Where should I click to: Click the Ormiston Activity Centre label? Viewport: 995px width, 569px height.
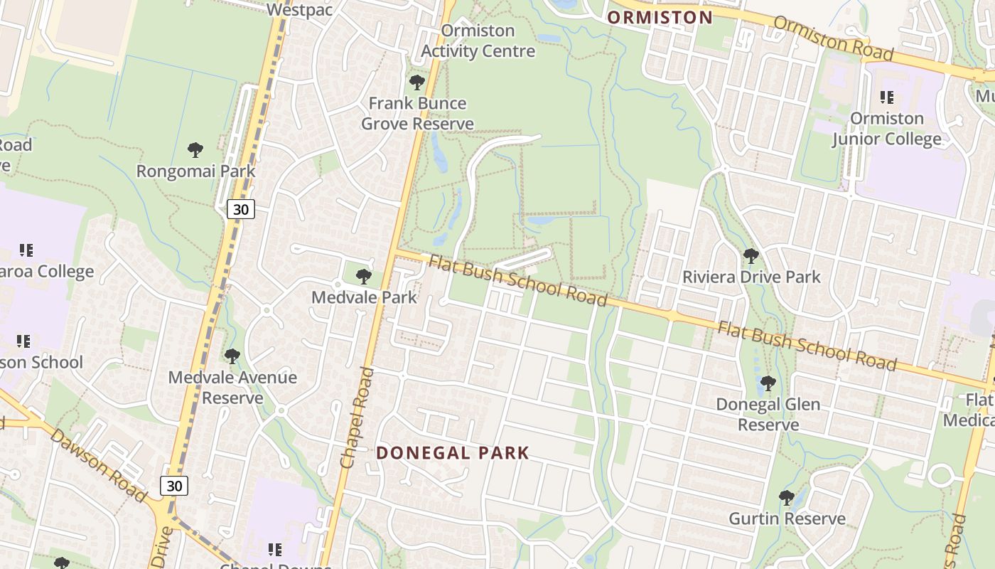(x=478, y=41)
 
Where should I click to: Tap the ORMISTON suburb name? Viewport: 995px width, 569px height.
(x=660, y=18)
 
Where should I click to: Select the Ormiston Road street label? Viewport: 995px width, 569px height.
(x=832, y=38)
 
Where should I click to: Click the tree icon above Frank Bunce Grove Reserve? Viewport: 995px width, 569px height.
(x=417, y=83)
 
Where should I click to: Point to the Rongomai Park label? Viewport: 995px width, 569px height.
(x=195, y=171)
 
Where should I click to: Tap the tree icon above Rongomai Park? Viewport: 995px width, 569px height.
(x=195, y=150)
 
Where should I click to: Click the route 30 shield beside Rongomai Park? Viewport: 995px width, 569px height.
(x=241, y=209)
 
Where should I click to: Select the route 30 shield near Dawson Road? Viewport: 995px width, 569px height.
(x=174, y=486)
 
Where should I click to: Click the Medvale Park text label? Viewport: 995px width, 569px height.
(x=364, y=297)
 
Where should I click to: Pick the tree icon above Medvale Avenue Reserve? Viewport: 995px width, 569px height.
(x=232, y=356)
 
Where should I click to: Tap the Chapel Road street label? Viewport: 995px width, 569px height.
(x=357, y=418)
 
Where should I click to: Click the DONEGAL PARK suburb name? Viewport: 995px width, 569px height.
(x=453, y=453)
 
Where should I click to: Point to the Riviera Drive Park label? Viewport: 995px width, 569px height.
(x=751, y=277)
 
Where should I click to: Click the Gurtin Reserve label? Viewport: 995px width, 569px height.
(x=787, y=519)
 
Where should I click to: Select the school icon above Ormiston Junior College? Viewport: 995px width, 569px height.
(x=886, y=97)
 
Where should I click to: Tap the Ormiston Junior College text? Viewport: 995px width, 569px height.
(x=887, y=129)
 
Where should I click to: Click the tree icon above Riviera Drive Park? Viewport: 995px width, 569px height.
(x=751, y=256)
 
